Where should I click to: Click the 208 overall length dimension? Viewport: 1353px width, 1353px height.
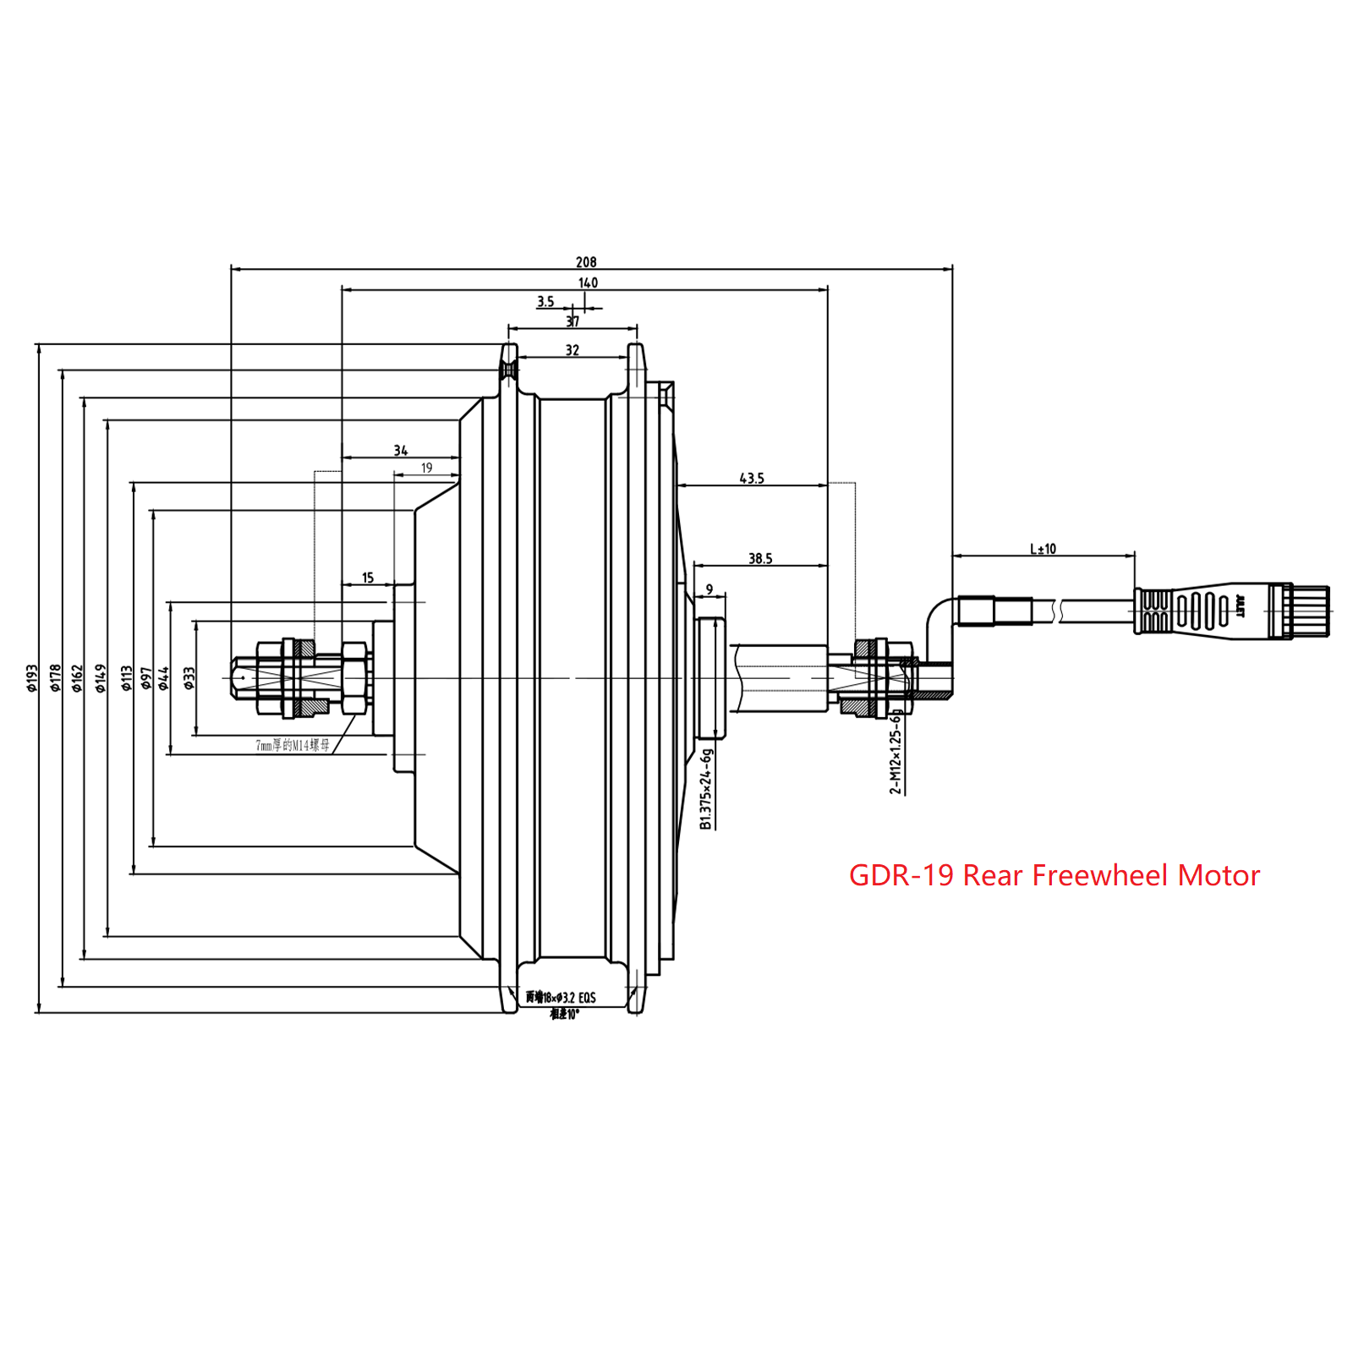(x=586, y=262)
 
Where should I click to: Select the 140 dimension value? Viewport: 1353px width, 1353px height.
(x=588, y=282)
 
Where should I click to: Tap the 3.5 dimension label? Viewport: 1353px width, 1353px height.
(x=545, y=301)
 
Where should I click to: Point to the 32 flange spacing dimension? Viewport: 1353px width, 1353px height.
(x=572, y=349)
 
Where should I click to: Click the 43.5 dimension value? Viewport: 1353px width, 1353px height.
(x=751, y=478)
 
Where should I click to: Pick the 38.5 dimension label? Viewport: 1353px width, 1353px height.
(x=759, y=558)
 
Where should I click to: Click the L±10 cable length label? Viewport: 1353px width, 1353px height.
(x=1043, y=549)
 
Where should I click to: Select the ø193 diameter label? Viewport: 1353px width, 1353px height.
(x=31, y=677)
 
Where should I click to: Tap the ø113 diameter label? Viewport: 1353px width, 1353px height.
(x=126, y=677)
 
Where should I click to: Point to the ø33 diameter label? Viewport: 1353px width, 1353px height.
(x=189, y=677)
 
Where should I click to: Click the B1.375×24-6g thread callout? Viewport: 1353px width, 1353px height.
(x=707, y=788)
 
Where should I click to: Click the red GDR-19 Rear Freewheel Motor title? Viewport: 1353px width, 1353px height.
(x=1054, y=875)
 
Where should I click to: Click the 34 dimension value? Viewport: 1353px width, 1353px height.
(x=400, y=450)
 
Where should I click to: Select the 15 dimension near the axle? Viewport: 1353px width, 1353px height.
(x=367, y=578)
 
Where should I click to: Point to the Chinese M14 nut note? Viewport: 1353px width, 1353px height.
(x=293, y=745)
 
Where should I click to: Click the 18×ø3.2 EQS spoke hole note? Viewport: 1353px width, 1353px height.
(x=561, y=998)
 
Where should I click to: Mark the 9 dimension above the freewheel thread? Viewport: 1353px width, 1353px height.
(x=709, y=589)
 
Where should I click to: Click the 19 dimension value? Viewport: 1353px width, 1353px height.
(x=426, y=468)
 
